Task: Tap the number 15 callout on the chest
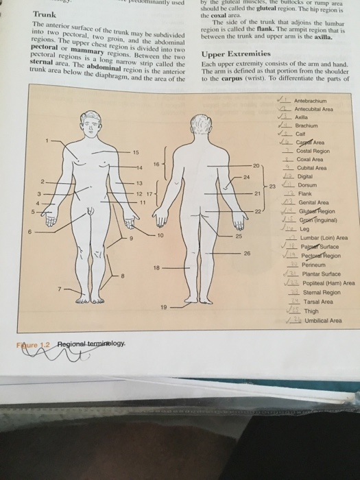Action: (135, 152)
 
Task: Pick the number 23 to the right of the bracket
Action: (272, 186)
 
